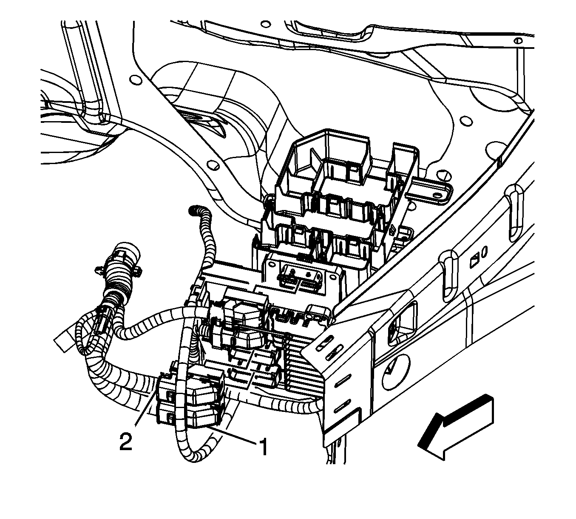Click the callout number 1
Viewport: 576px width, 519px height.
[263, 447]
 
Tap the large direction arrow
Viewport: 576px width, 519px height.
[457, 427]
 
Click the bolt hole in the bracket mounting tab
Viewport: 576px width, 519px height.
[437, 195]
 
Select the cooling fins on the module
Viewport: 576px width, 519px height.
[300, 366]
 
